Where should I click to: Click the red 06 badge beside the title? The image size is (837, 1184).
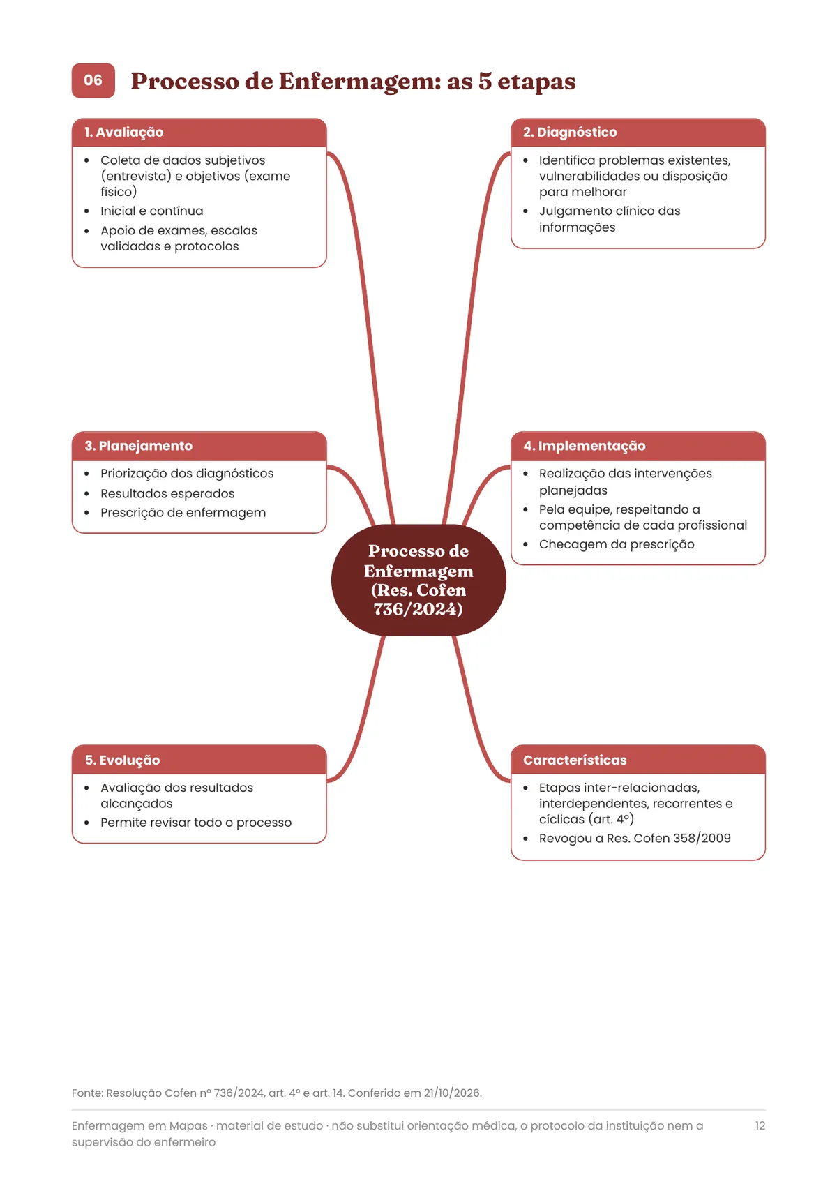pos(93,80)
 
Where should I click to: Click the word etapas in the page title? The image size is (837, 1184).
pos(536,82)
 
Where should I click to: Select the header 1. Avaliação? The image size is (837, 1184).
pos(123,132)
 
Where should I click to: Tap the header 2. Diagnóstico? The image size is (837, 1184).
pos(570,132)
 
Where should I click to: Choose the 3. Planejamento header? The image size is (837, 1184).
pos(138,446)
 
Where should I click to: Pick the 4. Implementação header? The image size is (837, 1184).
pos(585,446)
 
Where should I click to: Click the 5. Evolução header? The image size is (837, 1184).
pos(123,760)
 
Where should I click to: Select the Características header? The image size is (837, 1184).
pos(575,760)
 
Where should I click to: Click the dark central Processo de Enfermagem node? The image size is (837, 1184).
pos(418,580)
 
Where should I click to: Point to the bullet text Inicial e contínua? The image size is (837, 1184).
pos(151,211)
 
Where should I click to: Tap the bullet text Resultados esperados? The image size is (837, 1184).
pos(167,493)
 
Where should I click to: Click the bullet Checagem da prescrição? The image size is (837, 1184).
pos(617,544)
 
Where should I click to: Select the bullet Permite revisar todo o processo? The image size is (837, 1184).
pos(196,823)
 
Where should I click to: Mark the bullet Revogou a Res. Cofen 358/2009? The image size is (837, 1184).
pos(635,838)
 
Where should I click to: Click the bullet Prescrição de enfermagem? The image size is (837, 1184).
pos(183,513)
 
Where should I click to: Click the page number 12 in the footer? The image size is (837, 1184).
pos(760,1125)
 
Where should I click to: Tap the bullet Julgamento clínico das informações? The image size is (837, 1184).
pos(610,219)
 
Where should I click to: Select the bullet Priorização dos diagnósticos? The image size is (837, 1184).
pos(187,473)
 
